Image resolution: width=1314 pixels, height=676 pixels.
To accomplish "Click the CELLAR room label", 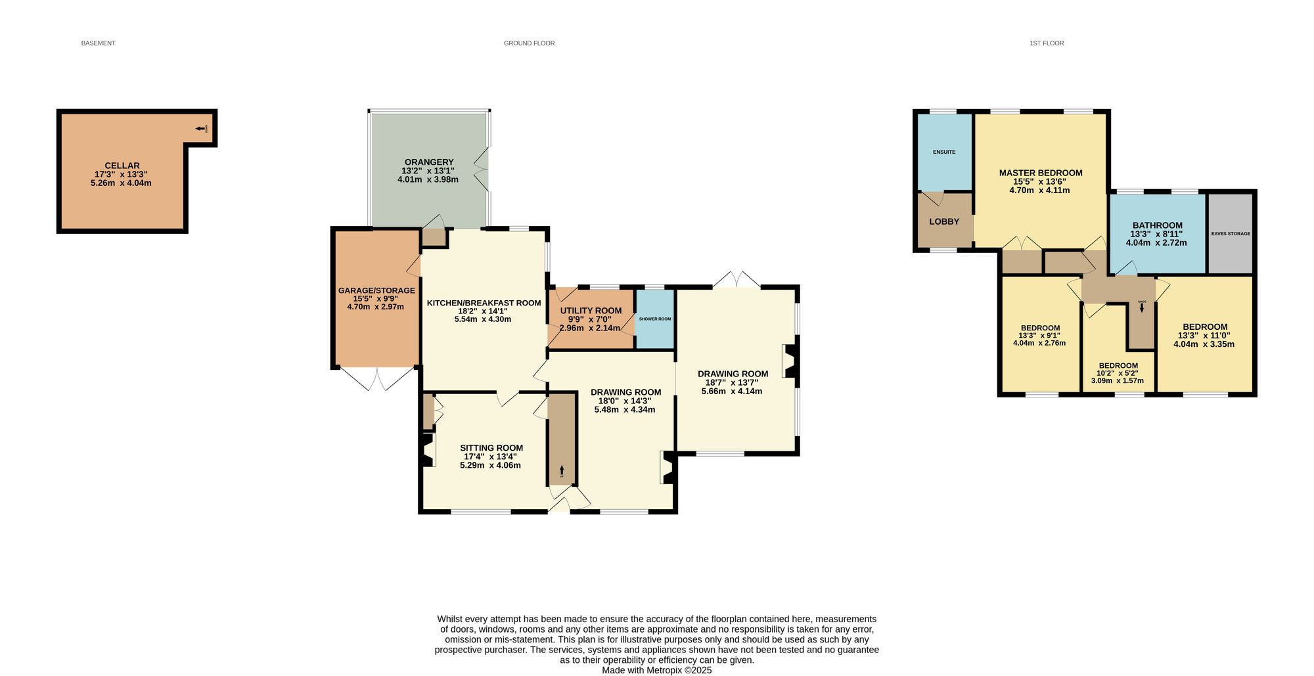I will pos(122,166).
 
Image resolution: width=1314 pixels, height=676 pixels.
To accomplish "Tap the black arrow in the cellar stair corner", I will pos(200,128).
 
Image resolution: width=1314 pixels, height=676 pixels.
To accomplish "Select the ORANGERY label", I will pos(429,162).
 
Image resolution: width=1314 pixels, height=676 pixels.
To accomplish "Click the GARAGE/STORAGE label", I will pos(376,290).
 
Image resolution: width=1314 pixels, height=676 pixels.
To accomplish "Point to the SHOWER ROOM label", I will pos(655,319).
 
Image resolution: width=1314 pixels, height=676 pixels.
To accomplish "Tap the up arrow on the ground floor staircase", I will pos(562,470).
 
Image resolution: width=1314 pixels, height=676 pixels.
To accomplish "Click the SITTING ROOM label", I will pos(491,448).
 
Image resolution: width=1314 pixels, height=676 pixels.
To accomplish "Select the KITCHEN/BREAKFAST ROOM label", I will pos(484,303).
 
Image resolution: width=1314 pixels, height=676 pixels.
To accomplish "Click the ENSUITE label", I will pos(944,152).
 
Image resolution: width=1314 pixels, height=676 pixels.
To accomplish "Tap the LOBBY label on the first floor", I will pos(944,221).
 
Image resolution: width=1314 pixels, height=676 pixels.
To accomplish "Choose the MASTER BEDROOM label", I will pos(1041,173).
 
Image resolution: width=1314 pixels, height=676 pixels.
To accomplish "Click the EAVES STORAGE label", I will pos(1231,234).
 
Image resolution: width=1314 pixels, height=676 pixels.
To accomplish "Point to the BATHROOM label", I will pos(1157,225).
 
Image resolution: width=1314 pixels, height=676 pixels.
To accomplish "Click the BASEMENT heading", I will pos(98,43).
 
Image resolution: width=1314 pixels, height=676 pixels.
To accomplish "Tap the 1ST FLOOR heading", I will pos(1047,43).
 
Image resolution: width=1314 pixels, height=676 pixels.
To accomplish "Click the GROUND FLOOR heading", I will pos(529,43).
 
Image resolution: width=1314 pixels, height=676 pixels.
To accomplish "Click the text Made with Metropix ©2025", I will pos(656,671).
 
